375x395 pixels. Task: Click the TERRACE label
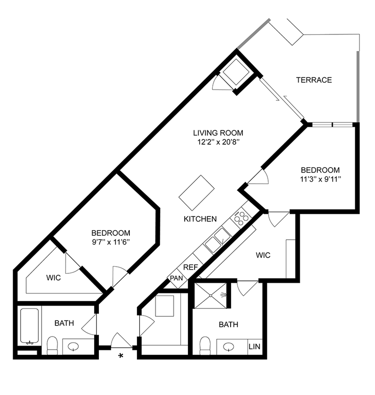pos(314,80)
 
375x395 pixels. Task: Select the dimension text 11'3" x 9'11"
pos(320,178)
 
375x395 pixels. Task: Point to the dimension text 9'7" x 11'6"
pos(111,241)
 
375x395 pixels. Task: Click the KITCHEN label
pos(200,219)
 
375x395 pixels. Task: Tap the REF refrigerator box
pos(190,267)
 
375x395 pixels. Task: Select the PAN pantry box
pos(176,278)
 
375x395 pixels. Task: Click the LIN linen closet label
pos(255,347)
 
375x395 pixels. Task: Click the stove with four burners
pos(242,217)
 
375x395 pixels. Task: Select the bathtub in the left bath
pos(30,327)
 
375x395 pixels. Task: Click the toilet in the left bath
pos(52,345)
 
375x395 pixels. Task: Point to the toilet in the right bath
pos(205,346)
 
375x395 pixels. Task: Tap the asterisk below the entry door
pos(121,357)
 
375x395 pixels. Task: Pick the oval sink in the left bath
pos(74,347)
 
